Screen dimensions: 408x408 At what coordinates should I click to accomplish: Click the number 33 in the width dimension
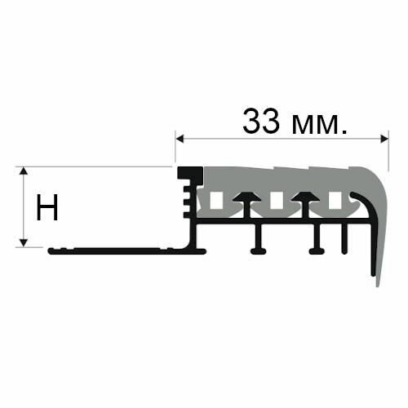(x=261, y=122)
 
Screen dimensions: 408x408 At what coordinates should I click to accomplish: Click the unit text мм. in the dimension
(x=320, y=125)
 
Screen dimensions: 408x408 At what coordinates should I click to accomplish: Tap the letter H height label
(x=47, y=207)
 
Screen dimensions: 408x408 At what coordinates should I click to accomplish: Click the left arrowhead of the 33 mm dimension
(x=180, y=139)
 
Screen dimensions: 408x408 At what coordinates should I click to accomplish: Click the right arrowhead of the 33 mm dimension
(x=384, y=139)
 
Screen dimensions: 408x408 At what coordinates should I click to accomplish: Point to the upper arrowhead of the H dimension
(x=24, y=171)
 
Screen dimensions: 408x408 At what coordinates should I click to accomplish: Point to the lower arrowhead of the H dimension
(x=24, y=242)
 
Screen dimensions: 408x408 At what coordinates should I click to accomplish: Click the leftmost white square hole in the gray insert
(x=217, y=201)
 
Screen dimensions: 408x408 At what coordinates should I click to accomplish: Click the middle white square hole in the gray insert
(x=276, y=201)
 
